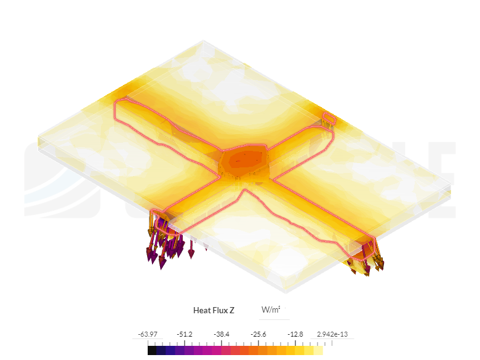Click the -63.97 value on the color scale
pyautogui.click(x=148, y=334)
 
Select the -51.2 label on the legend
pyautogui.click(x=185, y=334)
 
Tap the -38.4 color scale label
pyautogui.click(x=222, y=334)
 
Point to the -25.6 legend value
pyautogui.click(x=258, y=334)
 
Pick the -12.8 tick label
pyautogui.click(x=295, y=334)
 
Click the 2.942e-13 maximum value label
pyautogui.click(x=332, y=334)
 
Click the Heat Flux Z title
pyautogui.click(x=214, y=310)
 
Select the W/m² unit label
pyautogui.click(x=271, y=310)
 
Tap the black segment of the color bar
pyautogui.click(x=152, y=350)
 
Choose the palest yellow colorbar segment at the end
pyautogui.click(x=318, y=350)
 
